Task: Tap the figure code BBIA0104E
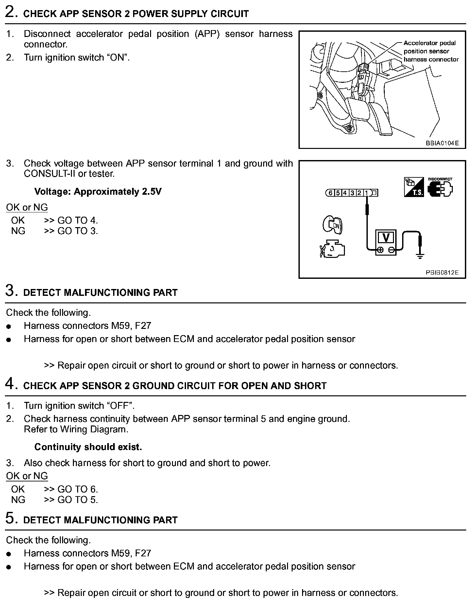coord(442,143)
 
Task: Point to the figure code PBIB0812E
coord(442,272)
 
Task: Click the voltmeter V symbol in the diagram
coord(386,238)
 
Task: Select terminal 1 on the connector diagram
coord(366,193)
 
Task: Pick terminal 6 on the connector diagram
coord(331,193)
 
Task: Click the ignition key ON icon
coord(332,225)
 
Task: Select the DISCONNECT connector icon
coord(440,188)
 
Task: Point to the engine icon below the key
coord(332,250)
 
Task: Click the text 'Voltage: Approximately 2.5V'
coord(98,191)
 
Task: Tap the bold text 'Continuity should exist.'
coord(88,447)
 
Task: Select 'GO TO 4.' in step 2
coord(78,220)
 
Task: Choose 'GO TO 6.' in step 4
coord(78,489)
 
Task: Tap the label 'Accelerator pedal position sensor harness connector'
coord(431,51)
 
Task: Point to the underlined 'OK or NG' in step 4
coord(27,476)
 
